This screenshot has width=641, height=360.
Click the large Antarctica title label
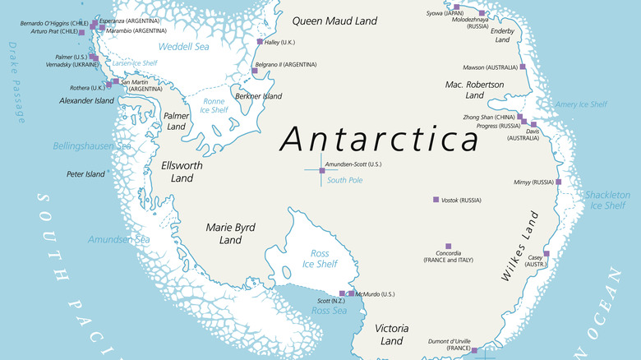[378, 140]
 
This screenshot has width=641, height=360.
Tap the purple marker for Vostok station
[436, 200]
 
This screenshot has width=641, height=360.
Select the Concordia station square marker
[448, 246]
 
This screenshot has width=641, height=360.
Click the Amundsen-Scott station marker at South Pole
[321, 170]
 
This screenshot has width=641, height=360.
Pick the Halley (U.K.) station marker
[261, 41]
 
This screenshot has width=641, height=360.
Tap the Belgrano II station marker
[255, 71]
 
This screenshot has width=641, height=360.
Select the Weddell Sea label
[184, 47]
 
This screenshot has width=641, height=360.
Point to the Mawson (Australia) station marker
[523, 67]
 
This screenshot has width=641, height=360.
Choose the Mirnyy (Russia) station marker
[558, 182]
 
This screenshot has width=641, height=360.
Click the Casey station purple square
[546, 254]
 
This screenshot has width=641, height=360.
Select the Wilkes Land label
[521, 247]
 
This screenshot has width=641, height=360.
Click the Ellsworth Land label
[182, 171]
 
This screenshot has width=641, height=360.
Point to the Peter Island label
[85, 174]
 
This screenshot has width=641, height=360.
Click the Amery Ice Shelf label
[581, 104]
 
